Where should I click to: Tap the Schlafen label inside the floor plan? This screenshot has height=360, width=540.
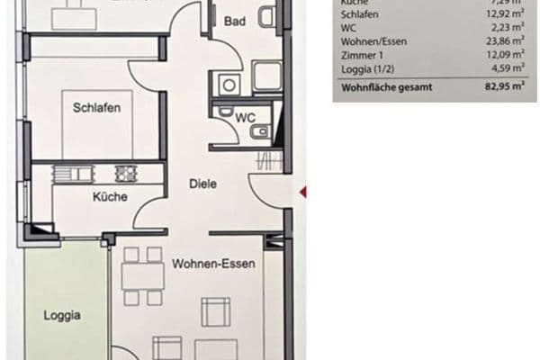click(96, 108)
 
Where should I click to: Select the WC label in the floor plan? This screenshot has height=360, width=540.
click(243, 118)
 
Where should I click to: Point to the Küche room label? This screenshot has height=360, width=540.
click(109, 196)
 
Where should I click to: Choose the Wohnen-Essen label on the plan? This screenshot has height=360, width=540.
click(212, 265)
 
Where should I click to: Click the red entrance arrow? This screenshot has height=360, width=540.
click(303, 191)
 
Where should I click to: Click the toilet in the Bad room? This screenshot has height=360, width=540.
click(265, 17)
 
